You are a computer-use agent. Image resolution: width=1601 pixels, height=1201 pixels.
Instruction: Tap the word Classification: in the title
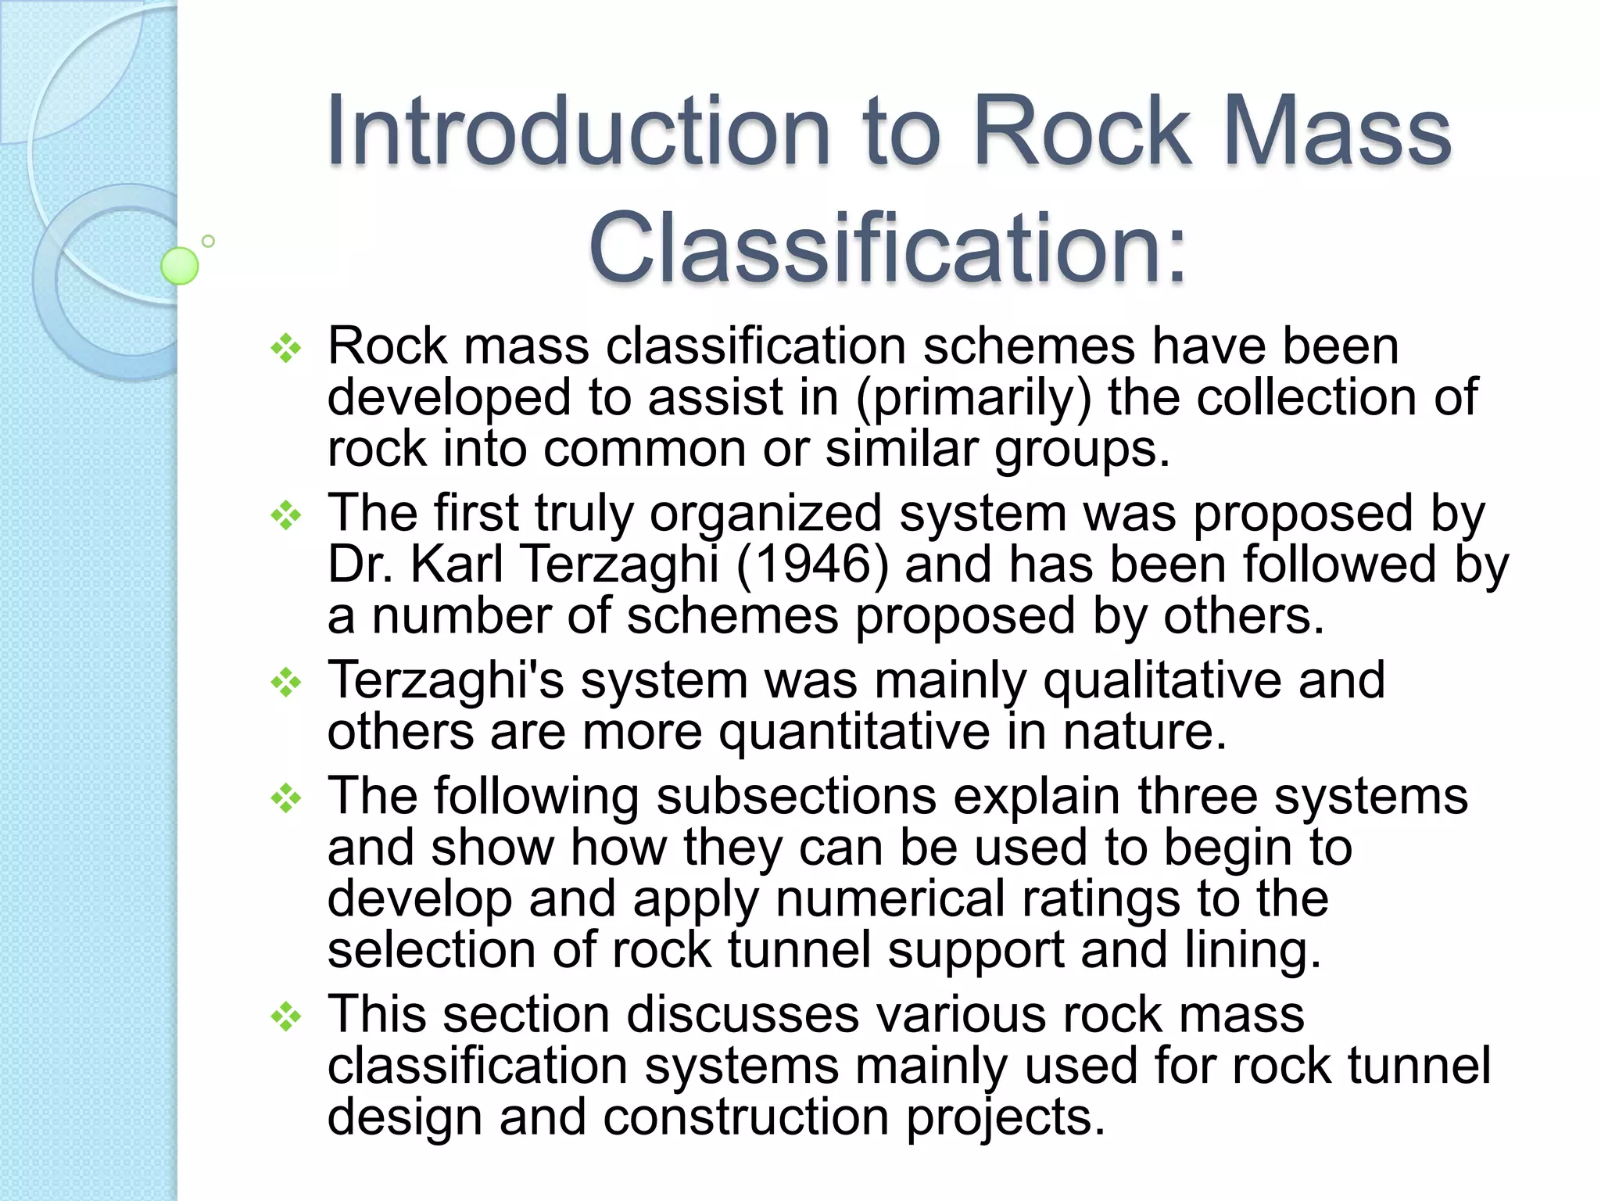pos(888,248)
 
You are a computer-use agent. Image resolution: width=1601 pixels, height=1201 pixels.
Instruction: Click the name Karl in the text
pos(457,564)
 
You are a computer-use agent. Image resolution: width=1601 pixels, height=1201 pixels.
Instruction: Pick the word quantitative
pos(854,732)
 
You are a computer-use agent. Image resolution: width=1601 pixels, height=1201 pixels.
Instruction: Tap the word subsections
pos(797,796)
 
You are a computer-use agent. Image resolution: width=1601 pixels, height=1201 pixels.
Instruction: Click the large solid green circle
pos(180,266)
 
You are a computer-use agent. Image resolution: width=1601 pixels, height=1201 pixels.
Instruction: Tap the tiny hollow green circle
pos(208,242)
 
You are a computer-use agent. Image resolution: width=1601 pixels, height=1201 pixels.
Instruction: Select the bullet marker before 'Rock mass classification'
pos(286,348)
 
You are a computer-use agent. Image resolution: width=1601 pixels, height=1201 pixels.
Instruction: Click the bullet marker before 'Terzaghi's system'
pos(286,683)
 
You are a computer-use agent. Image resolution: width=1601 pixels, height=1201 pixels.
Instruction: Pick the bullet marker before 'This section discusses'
pos(286,1016)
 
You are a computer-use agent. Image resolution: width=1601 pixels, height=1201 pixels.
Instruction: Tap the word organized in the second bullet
pos(766,514)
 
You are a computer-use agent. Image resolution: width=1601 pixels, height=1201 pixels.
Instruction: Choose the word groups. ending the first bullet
pos(1083,450)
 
